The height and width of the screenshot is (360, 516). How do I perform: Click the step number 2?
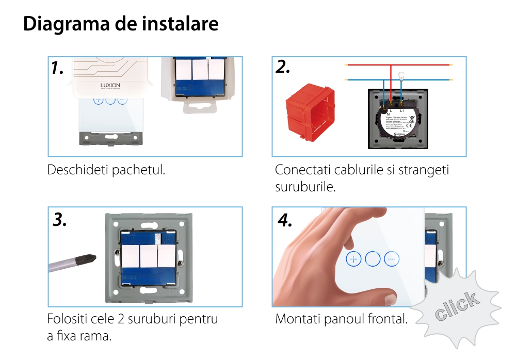[283, 67]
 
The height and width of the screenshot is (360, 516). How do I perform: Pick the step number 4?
[285, 220]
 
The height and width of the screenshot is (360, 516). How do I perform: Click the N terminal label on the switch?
[381, 114]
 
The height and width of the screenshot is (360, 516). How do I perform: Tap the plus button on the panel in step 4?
[353, 258]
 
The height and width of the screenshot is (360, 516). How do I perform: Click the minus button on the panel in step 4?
[392, 258]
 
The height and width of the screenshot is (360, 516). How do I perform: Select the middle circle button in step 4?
[373, 258]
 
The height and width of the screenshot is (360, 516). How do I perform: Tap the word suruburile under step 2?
[305, 186]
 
